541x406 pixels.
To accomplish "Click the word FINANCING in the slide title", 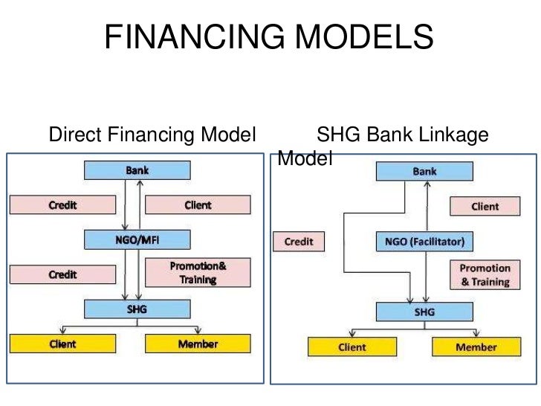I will tap(190, 38).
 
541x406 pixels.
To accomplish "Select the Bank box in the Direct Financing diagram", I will tap(137, 170).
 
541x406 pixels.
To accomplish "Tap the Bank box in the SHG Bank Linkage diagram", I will tap(425, 172).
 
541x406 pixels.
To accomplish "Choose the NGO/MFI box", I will tap(137, 239).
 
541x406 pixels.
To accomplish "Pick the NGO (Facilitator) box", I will tap(424, 242).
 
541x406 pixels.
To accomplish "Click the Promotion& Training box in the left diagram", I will tap(192, 272).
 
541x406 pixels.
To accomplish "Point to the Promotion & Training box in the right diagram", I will tap(485, 275).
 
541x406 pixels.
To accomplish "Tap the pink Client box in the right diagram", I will tap(485, 207).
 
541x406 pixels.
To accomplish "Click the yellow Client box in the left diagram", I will tap(63, 344).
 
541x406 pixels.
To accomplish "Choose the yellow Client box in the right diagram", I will tap(352, 347).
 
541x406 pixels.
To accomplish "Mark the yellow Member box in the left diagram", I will tap(198, 344).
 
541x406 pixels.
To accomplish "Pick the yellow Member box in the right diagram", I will tap(476, 347).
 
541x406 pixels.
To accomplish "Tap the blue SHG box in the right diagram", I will tap(424, 312).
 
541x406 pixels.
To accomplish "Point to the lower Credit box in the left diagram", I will tap(63, 274).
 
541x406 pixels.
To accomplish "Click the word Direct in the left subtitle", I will tap(74, 136).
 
